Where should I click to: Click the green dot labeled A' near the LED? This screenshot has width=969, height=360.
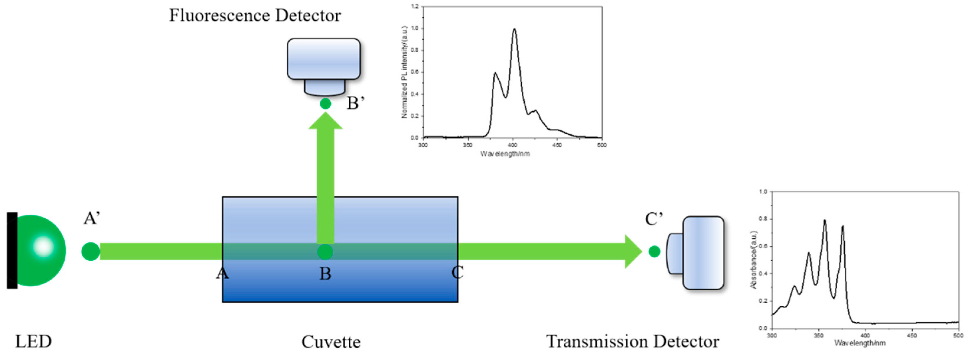coord(91,252)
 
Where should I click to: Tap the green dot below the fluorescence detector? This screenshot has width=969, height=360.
coord(325,103)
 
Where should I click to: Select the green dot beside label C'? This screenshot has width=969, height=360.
coord(654,251)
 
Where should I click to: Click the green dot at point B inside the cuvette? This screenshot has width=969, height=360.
coord(325,252)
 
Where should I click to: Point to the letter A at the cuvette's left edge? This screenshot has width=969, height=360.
coord(222,273)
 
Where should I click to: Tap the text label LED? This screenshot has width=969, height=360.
coord(33,342)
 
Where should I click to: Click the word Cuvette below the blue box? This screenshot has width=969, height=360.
coord(331,342)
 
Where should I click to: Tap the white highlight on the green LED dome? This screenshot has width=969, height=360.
coord(43,246)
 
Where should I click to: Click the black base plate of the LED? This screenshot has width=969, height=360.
coord(12,250)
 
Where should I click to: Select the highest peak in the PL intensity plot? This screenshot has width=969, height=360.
coord(514,29)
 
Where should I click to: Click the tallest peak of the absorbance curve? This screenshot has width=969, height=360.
coord(825,220)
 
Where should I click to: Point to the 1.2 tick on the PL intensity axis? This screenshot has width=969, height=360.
coord(415,6)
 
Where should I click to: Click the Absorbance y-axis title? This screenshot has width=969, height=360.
coord(753,260)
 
